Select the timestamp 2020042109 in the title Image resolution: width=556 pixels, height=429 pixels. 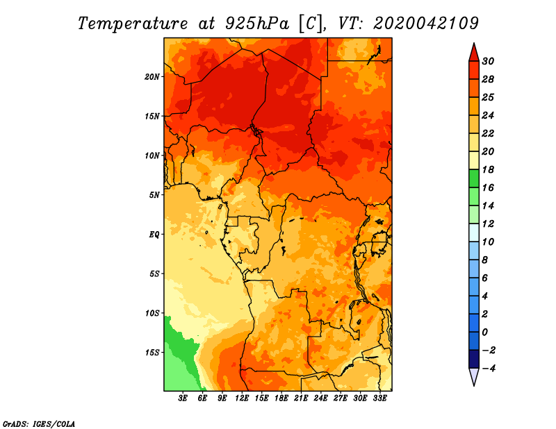click(x=425, y=23)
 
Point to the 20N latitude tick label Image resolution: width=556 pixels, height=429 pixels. click(x=152, y=76)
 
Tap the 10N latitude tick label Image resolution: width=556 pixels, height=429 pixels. click(x=152, y=155)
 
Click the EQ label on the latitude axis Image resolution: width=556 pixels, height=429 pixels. click(x=154, y=234)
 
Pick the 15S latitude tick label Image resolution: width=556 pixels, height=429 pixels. click(x=152, y=353)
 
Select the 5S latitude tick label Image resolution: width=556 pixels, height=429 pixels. click(x=154, y=274)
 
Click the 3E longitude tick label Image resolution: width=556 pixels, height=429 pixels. click(x=183, y=398)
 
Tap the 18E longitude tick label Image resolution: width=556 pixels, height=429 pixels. click(x=281, y=398)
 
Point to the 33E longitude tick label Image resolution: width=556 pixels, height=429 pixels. click(x=379, y=398)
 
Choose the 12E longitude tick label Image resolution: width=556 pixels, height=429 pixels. click(x=243, y=398)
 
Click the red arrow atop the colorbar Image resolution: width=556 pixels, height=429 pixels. click(x=473, y=52)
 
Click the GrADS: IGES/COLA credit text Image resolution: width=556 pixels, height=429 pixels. click(x=38, y=423)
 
